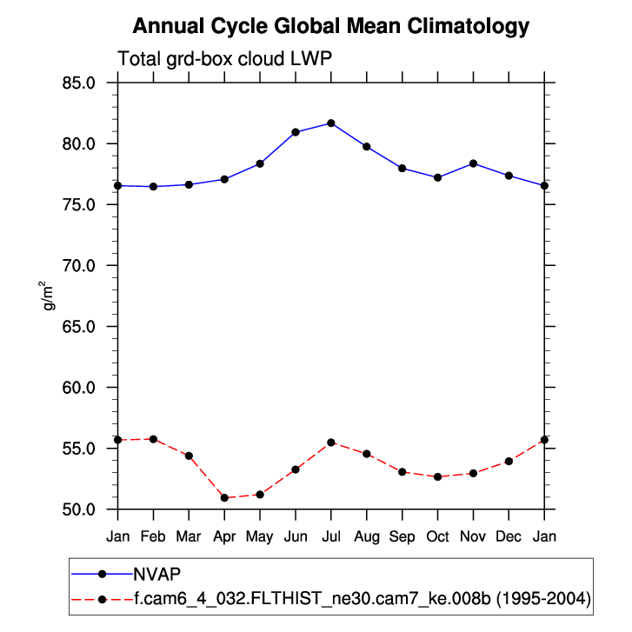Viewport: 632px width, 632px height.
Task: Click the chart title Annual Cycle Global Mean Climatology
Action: tap(331, 26)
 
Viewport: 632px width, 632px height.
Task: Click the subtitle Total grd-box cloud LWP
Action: tap(225, 59)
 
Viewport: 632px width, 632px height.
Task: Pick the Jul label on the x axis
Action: tap(331, 536)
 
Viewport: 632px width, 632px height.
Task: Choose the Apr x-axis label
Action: tap(224, 536)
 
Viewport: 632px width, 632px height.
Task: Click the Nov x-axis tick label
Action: tap(473, 536)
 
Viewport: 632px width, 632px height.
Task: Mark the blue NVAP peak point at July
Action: tap(331, 123)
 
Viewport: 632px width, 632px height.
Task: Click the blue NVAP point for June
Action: tap(296, 132)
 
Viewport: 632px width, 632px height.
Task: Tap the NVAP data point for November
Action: tap(473, 163)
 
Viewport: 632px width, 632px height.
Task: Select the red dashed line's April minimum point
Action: tap(224, 498)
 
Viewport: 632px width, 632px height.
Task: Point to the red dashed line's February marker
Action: tap(154, 439)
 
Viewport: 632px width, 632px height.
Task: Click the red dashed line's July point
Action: tap(331, 442)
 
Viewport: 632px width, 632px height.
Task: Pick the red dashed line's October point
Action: tap(437, 477)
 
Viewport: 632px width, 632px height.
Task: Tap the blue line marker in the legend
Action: tap(103, 574)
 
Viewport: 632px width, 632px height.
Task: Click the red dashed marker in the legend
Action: tap(103, 598)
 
